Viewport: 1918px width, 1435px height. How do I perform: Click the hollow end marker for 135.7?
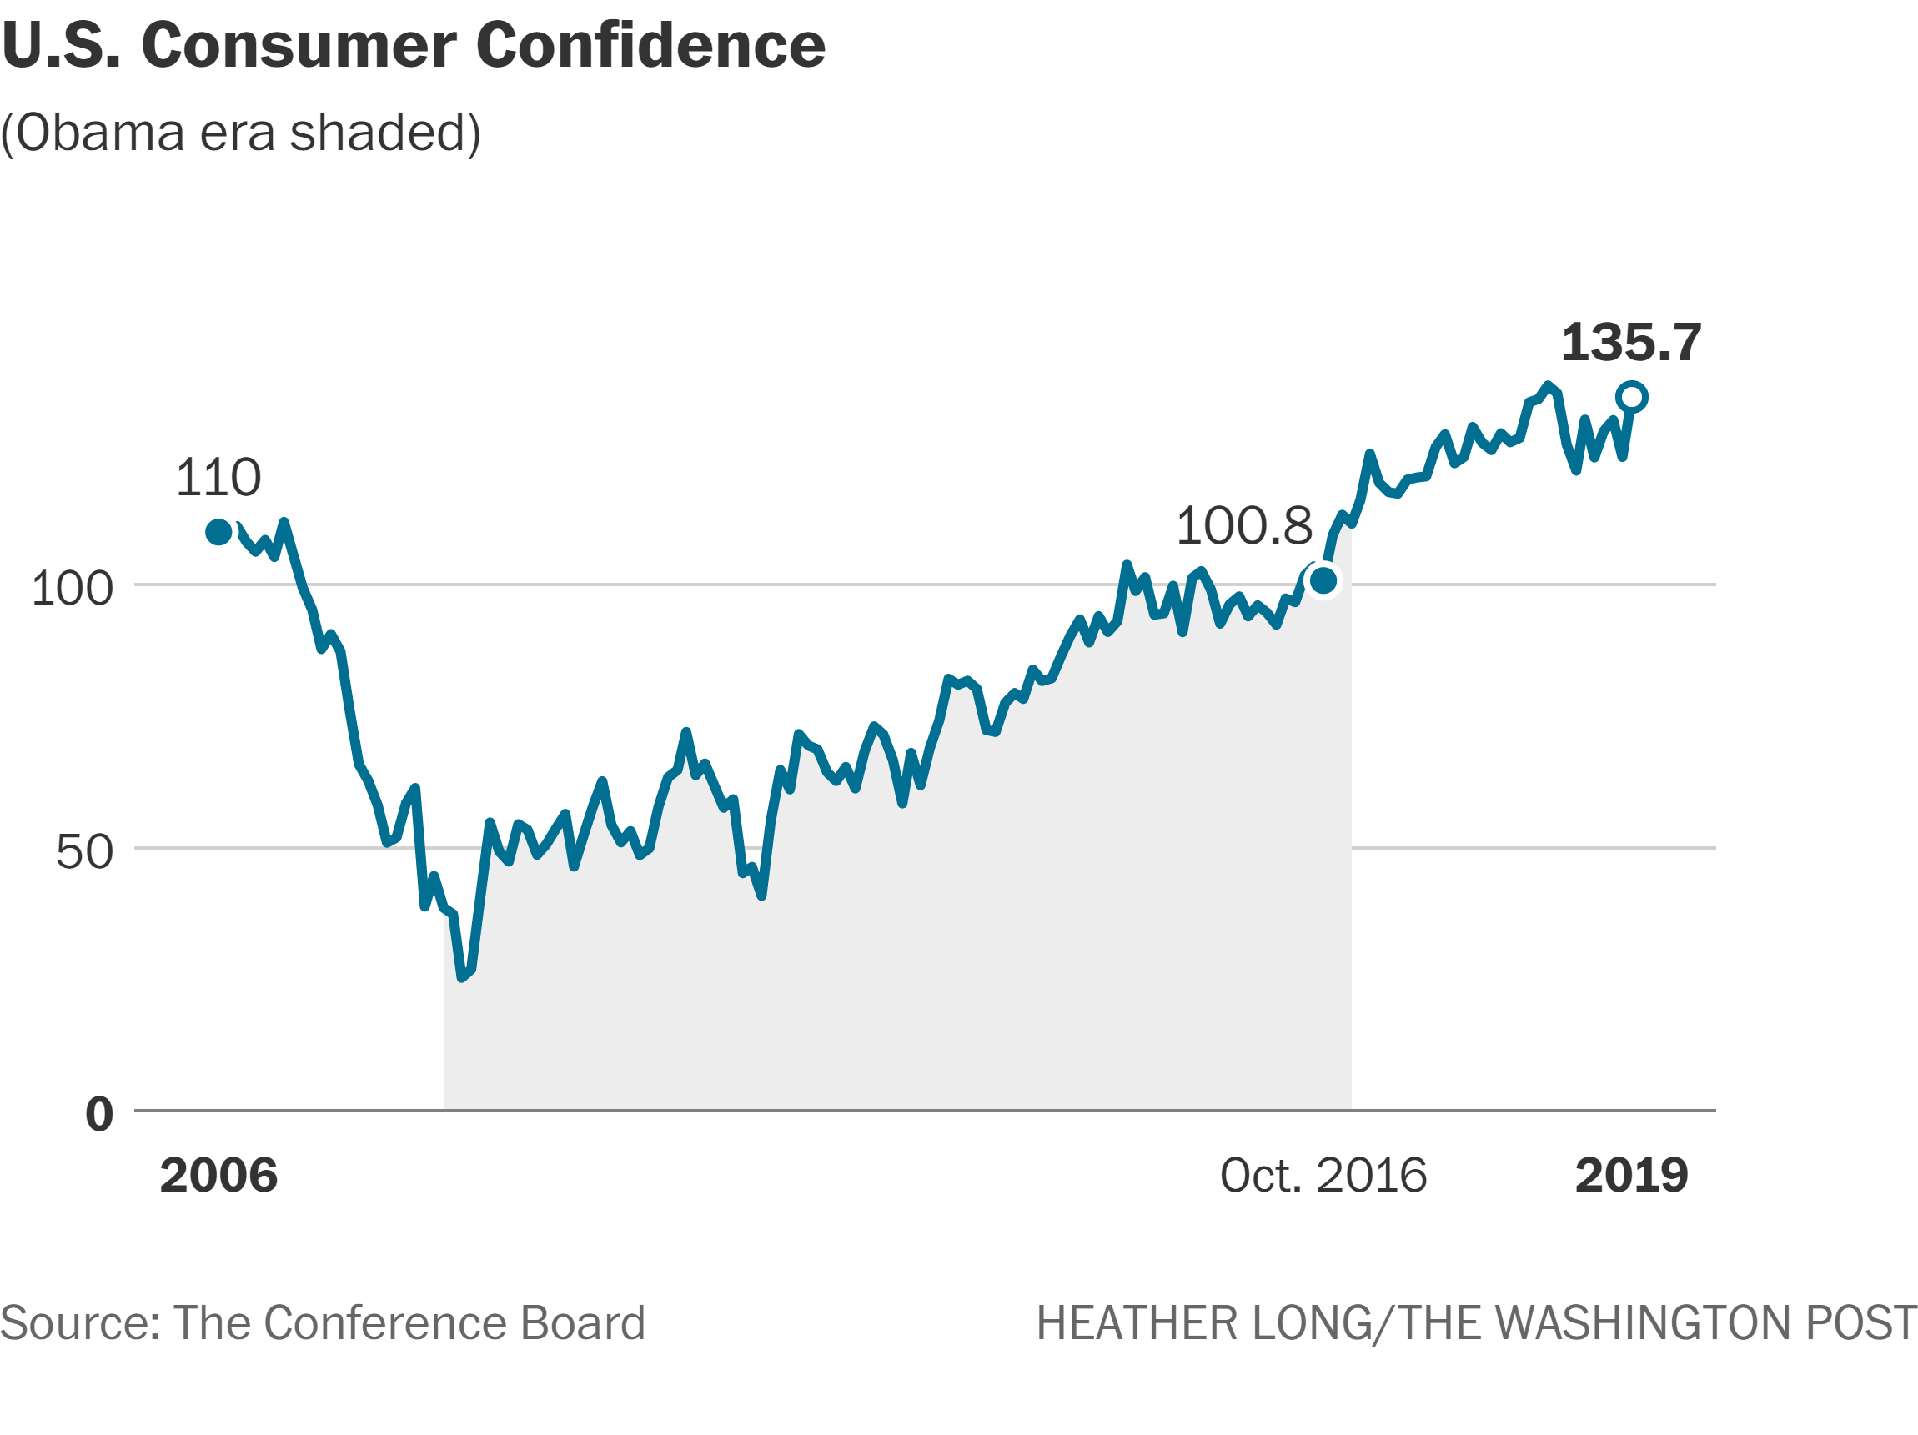(x=1632, y=397)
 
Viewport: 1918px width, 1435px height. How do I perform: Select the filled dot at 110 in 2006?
(x=218, y=531)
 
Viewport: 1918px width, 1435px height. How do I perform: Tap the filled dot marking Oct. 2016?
(x=1323, y=580)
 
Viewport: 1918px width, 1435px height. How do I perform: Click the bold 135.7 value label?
(x=1631, y=342)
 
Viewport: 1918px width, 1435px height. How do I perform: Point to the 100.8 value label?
(x=1244, y=525)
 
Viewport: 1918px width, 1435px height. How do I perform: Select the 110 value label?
(x=218, y=477)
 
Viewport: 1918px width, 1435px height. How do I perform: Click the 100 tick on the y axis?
(x=72, y=588)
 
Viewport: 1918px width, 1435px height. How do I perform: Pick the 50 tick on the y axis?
(x=85, y=851)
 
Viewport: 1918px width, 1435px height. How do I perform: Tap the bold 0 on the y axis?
(x=100, y=1114)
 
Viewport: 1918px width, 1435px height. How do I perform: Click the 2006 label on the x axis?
(x=218, y=1175)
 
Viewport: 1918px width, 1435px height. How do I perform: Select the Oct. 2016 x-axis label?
(x=1323, y=1175)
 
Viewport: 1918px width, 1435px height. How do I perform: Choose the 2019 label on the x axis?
(x=1632, y=1175)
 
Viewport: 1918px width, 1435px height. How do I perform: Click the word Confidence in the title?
(x=650, y=45)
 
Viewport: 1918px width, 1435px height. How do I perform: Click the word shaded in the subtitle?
(x=379, y=133)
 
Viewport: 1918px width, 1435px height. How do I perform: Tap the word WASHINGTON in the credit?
(x=1639, y=1323)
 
